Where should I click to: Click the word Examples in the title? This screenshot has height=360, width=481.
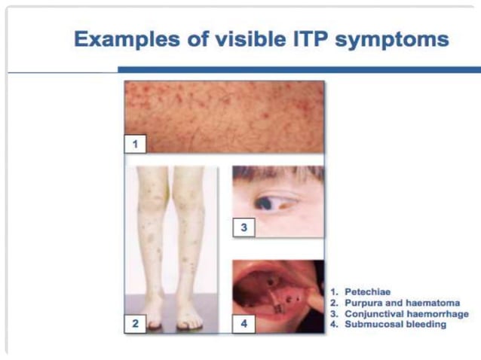[x=125, y=39]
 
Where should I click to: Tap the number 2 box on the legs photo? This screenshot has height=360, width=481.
[x=135, y=323]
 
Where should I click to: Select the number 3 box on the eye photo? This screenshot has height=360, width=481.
[x=244, y=227]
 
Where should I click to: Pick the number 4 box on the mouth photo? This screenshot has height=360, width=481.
[x=244, y=323]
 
